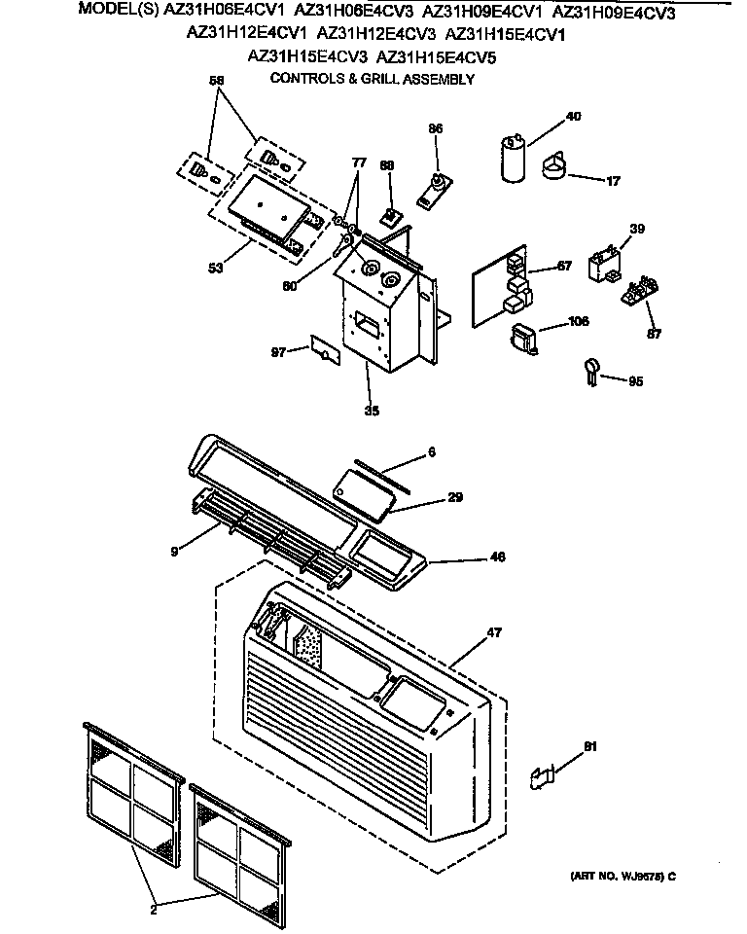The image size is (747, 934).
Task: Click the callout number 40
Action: click(573, 117)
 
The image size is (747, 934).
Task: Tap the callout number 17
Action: click(613, 180)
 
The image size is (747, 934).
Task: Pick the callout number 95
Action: click(635, 381)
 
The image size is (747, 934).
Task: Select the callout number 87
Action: click(653, 334)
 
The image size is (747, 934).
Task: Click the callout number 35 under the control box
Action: click(371, 411)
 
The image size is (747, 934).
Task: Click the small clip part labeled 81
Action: click(542, 775)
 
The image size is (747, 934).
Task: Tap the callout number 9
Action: click(173, 552)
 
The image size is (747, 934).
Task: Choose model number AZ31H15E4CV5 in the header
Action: click(436, 57)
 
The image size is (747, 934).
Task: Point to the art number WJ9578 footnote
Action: click(622, 876)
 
